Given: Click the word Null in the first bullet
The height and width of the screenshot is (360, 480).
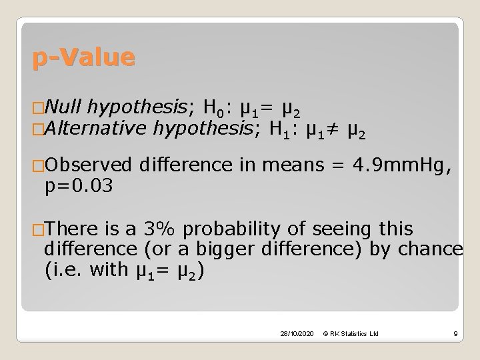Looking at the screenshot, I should click(64, 105).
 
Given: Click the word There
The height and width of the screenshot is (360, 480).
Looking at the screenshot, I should click(72, 229).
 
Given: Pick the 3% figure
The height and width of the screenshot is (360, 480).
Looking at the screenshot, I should click(163, 229).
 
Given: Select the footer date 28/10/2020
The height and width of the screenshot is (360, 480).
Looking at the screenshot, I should click(297, 333).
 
